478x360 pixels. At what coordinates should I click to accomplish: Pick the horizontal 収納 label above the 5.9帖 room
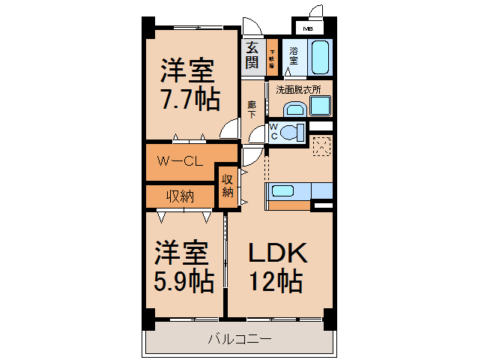[180, 196]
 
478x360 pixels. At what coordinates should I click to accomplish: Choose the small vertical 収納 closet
[228, 185]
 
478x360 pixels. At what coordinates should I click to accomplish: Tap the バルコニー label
[239, 340]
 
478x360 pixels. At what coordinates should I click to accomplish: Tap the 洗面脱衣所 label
[298, 89]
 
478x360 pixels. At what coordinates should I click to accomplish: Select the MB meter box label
[307, 29]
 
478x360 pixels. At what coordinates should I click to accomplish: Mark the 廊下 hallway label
[252, 109]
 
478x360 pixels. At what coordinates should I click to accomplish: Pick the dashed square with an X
[322, 146]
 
